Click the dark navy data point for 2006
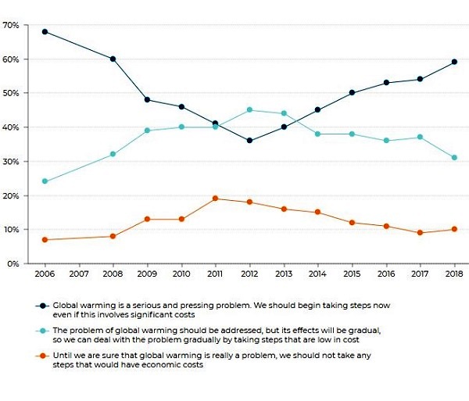(45, 32)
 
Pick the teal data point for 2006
(45, 181)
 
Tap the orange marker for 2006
(45, 239)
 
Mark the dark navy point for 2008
(113, 59)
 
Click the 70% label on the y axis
(11, 25)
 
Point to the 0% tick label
(13, 264)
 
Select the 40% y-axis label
(11, 127)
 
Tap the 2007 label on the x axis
(78, 275)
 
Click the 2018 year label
(453, 275)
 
